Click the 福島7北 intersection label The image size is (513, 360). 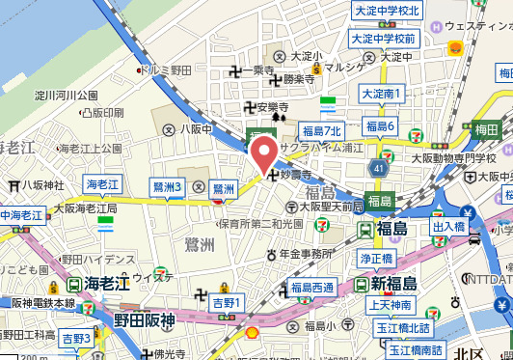point(321,131)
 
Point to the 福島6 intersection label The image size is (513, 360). point(380,126)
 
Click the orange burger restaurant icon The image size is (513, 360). point(454,47)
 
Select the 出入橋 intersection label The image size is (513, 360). point(449,226)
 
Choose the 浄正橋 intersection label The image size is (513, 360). point(378,259)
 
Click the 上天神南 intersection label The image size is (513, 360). point(391,305)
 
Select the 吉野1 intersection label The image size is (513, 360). point(228,303)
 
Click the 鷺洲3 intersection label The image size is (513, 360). point(167,186)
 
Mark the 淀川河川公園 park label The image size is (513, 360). point(67,96)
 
